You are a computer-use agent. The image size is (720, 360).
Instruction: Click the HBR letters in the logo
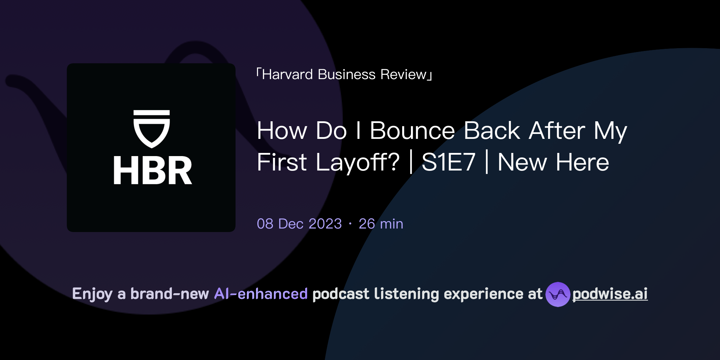tap(153, 171)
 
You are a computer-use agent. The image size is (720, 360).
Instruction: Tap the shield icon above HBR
tap(152, 129)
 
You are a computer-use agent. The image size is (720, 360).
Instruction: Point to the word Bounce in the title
tap(412, 131)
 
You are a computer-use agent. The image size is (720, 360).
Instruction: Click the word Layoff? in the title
tap(358, 162)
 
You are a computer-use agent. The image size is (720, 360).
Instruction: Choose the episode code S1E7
tap(448, 162)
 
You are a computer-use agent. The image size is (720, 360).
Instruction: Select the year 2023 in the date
tap(325, 224)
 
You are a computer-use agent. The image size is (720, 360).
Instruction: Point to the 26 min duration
tap(381, 224)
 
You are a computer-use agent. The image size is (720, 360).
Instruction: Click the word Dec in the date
tap(291, 224)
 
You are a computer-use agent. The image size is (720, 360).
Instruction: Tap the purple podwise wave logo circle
tap(558, 294)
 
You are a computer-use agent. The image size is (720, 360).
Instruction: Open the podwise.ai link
tap(610, 294)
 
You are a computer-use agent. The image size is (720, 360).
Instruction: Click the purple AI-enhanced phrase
tap(261, 294)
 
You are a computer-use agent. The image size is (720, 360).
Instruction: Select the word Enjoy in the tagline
tap(92, 294)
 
